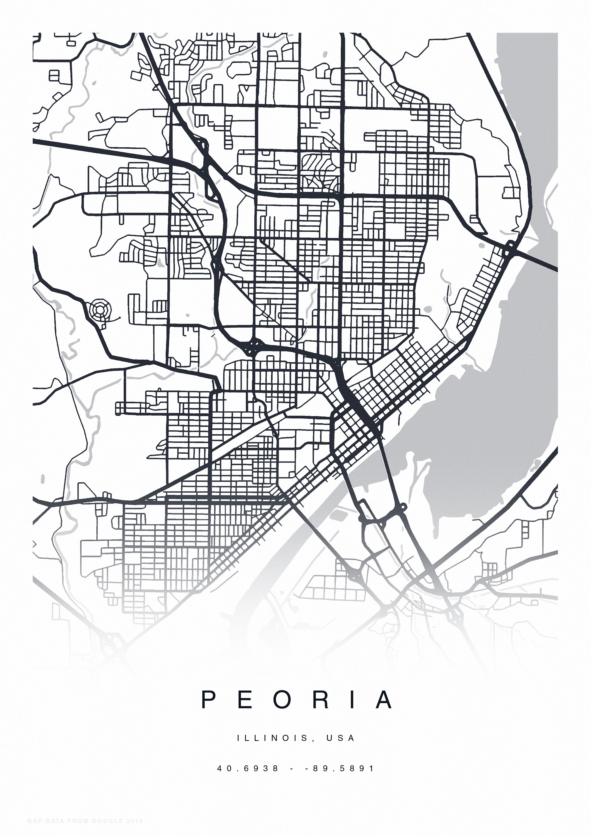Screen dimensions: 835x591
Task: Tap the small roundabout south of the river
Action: click(403, 506)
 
